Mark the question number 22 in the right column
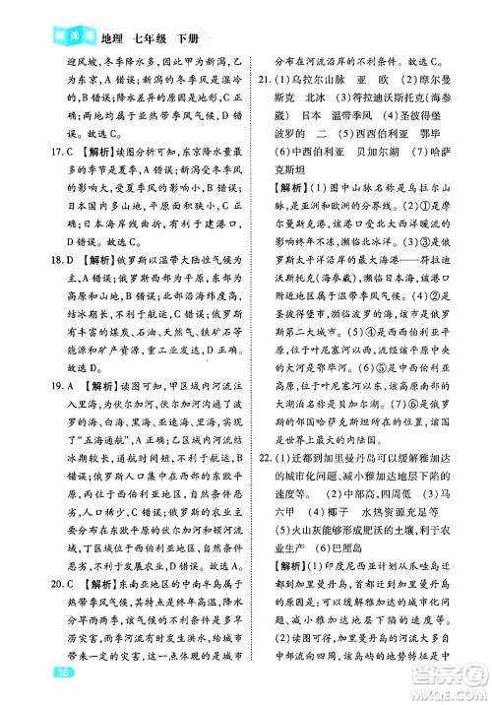(x=267, y=484)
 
